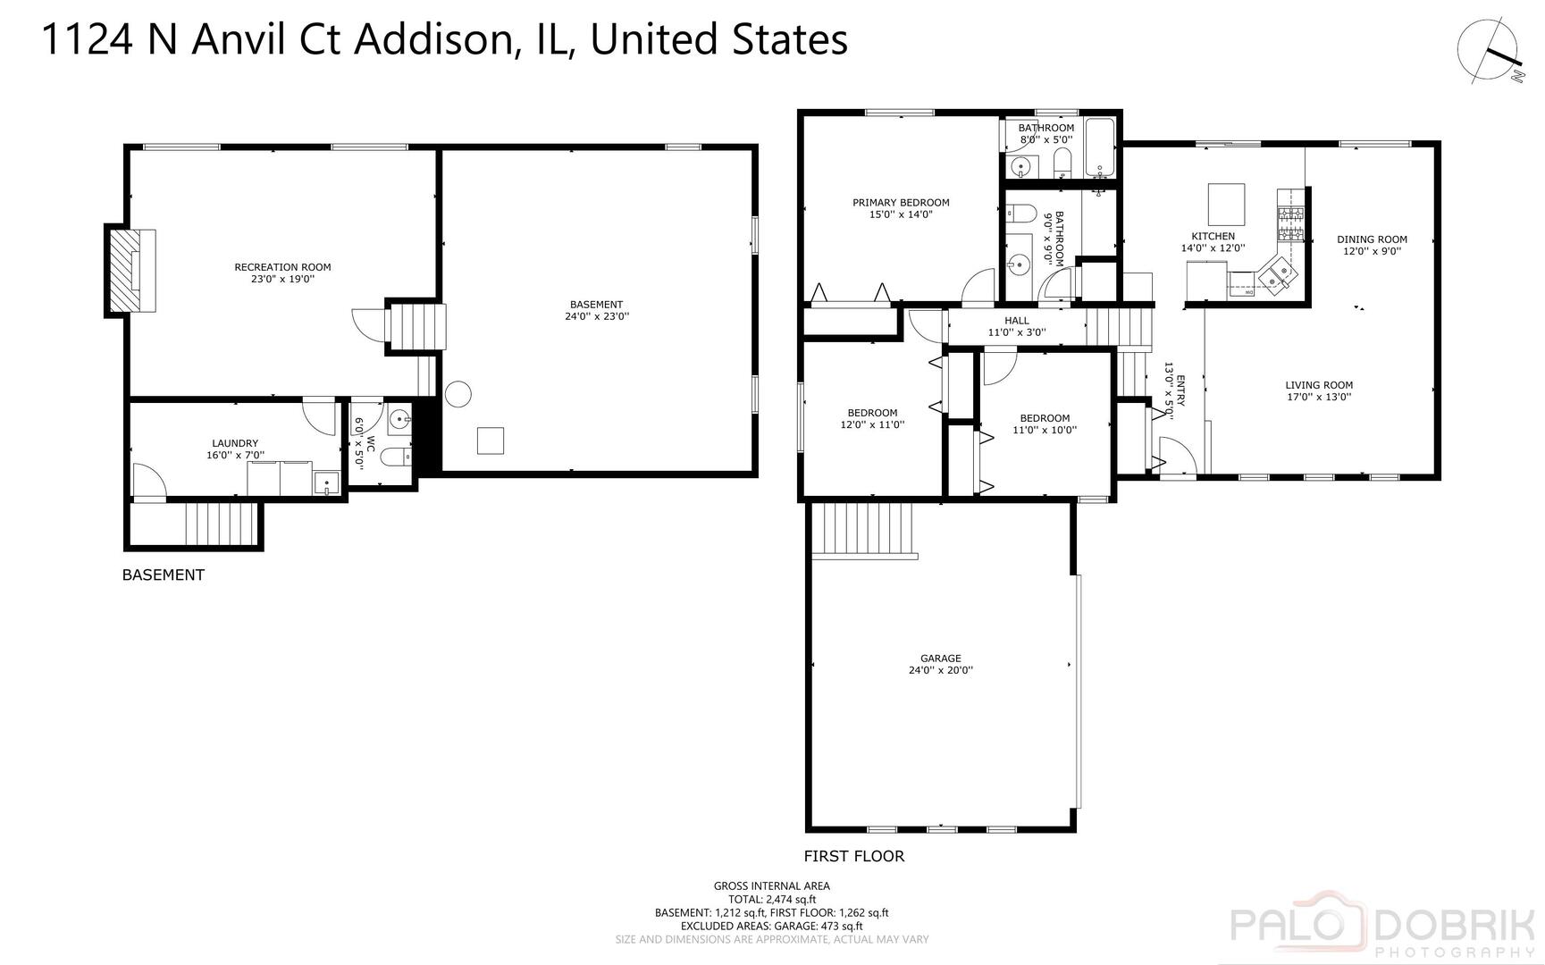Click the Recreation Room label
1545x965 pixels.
click(x=282, y=266)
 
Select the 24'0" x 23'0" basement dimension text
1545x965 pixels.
click(x=596, y=315)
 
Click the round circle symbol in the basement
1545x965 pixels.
click(x=458, y=393)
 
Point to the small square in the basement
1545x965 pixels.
click(x=490, y=441)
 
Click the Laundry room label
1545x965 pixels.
click(x=235, y=443)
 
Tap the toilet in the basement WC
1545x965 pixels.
click(x=395, y=457)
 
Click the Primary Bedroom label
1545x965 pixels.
click(x=900, y=202)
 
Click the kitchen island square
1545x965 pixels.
click(x=1226, y=204)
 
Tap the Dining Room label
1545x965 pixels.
click(x=1372, y=239)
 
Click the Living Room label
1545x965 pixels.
click(x=1319, y=385)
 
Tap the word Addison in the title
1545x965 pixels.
click(x=433, y=40)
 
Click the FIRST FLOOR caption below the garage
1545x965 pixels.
click(x=853, y=856)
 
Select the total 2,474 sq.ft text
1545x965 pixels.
click(x=772, y=899)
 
